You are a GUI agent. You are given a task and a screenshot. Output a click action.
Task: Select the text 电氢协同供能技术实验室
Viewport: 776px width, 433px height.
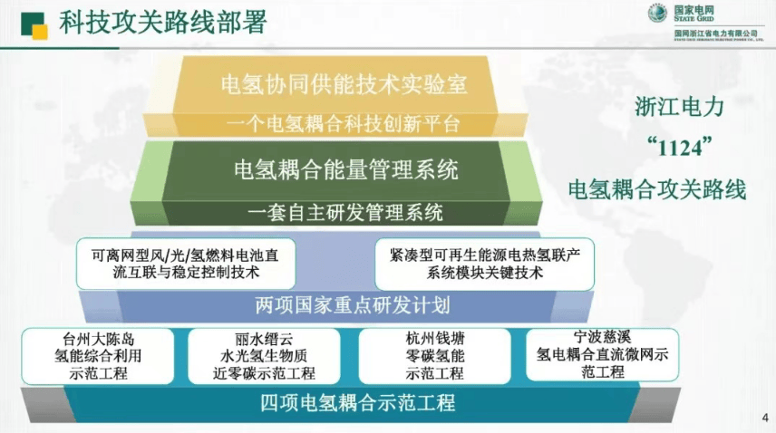point(344,84)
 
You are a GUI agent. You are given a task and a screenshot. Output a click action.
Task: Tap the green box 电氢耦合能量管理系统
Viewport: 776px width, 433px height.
point(345,168)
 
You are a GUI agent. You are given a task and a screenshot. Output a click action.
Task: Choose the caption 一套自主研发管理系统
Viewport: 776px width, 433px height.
point(345,213)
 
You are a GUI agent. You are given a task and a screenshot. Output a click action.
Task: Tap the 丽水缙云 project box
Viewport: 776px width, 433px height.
point(265,356)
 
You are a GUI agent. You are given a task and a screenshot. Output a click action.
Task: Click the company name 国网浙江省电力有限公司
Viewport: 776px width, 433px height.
point(715,33)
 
